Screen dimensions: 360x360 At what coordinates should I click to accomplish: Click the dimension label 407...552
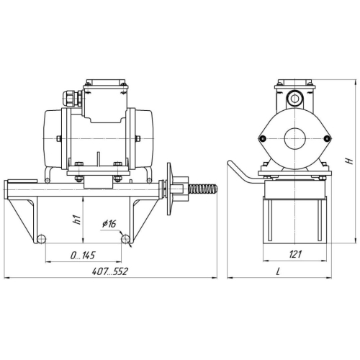coord(110,271)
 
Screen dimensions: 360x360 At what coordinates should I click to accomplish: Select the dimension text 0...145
coord(83,256)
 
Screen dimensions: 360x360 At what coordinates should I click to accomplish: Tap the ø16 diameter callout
coord(109,224)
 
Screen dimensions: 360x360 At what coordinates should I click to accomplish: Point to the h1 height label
coord(76,220)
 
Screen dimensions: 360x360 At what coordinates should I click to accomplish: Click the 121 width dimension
coord(295,254)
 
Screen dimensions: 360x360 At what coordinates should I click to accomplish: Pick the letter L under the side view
coord(278,271)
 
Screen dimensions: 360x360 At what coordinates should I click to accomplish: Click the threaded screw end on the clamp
coord(203,189)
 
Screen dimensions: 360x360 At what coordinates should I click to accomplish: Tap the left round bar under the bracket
coord(41,239)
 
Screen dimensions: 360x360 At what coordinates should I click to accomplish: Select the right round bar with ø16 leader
coord(125,239)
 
